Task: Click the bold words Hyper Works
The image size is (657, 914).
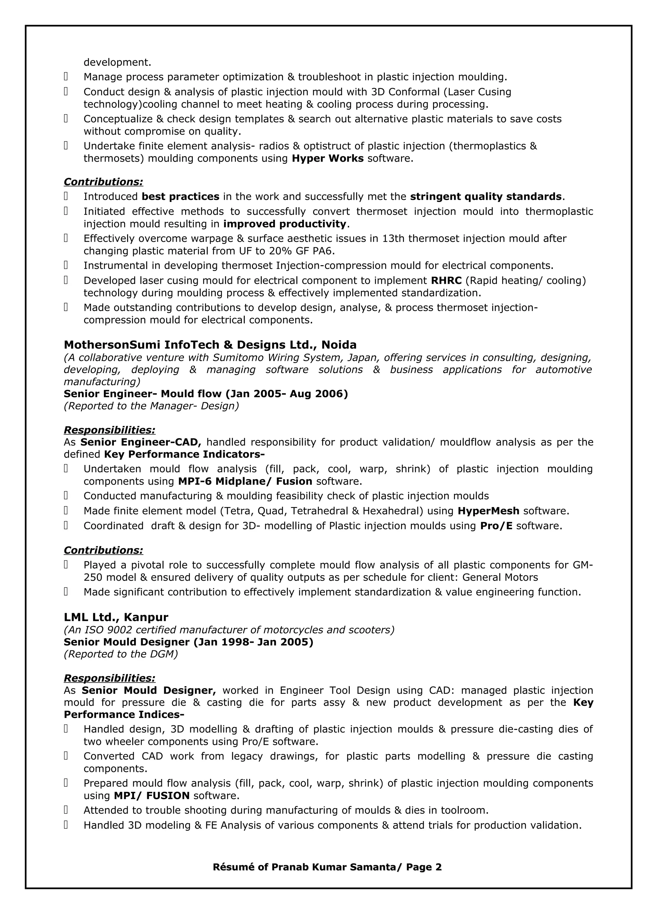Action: [x=327, y=158]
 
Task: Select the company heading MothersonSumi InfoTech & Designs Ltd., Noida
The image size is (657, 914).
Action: [x=210, y=345]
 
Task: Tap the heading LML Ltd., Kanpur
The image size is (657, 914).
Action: [x=116, y=617]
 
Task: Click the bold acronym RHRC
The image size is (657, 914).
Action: [x=446, y=281]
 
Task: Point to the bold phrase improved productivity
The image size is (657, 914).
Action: [x=284, y=224]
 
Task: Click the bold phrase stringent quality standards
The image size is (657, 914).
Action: [x=486, y=197]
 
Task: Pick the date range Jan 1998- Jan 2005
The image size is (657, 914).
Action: [x=253, y=642]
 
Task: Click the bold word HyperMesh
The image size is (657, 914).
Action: [x=488, y=511]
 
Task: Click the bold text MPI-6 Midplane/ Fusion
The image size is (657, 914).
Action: [x=245, y=481]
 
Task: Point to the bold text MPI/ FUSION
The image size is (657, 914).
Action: [x=151, y=796]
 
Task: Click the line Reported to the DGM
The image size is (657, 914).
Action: [x=121, y=654]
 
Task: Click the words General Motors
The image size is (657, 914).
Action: [x=500, y=578]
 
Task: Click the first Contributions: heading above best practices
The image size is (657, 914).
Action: [x=103, y=182]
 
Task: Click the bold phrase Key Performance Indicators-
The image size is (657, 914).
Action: [x=184, y=454]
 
